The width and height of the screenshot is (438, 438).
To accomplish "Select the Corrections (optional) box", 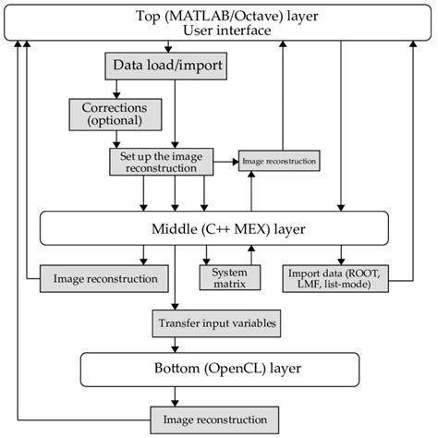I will click(x=108, y=114).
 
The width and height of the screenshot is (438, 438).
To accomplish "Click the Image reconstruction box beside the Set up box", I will click(x=278, y=162).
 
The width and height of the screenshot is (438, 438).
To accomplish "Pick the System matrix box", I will click(x=229, y=277).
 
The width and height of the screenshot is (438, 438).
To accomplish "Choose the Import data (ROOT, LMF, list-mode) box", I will click(x=339, y=277).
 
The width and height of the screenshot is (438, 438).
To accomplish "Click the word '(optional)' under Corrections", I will click(x=108, y=121).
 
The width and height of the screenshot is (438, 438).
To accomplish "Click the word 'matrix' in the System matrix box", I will click(x=229, y=284).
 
